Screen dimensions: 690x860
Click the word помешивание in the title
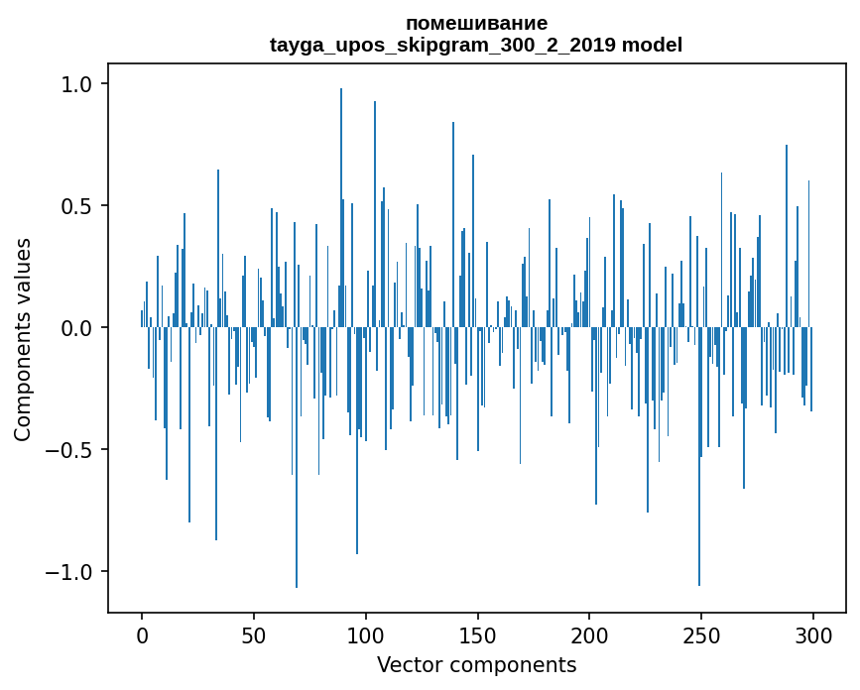(x=476, y=23)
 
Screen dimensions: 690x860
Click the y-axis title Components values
(x=23, y=339)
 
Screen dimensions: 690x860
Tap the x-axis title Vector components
(x=476, y=664)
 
